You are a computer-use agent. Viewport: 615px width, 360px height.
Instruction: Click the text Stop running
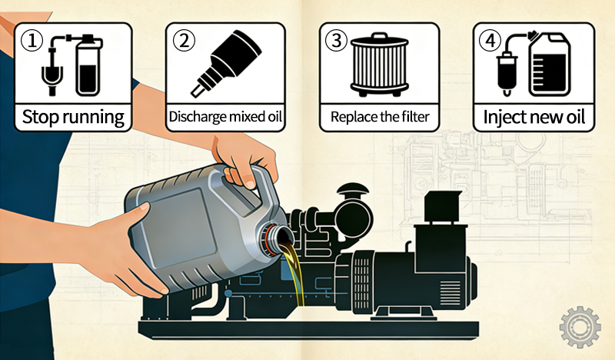tap(73, 118)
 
